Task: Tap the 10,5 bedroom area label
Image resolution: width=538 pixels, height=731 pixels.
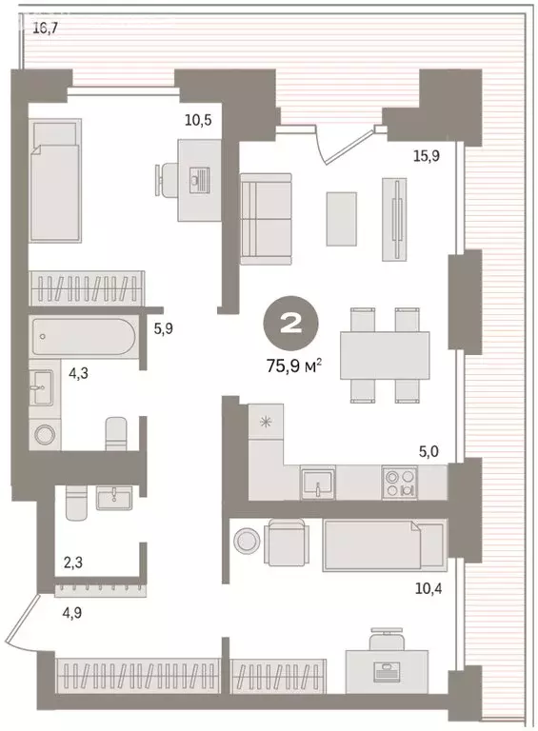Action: (x=198, y=120)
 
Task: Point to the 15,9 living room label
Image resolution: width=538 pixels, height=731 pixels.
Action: (x=427, y=156)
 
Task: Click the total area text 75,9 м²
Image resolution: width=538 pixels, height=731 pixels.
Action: (x=294, y=366)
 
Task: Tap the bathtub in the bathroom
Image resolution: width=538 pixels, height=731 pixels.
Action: (x=84, y=336)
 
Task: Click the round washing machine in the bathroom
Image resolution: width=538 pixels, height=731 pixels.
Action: (x=45, y=435)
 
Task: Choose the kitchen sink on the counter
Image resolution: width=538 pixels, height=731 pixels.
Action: (x=317, y=483)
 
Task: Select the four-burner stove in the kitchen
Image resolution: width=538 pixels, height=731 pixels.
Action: (x=400, y=483)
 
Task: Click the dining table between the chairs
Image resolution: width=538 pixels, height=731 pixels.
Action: (x=385, y=355)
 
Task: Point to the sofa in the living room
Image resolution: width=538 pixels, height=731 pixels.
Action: (x=266, y=219)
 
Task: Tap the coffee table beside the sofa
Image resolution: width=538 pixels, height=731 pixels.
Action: (x=341, y=219)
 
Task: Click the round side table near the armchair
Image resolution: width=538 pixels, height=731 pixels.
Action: (x=247, y=542)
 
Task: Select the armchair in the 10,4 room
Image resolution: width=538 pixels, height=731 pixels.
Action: (x=287, y=544)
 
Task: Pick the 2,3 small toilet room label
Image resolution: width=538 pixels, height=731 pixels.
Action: (x=73, y=563)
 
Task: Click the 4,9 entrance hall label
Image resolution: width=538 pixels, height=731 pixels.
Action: (x=71, y=612)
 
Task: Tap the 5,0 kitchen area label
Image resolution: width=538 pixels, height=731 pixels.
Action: (x=428, y=452)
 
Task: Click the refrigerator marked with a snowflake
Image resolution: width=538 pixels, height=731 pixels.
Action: (x=266, y=422)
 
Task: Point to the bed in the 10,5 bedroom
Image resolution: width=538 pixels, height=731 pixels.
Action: (x=54, y=180)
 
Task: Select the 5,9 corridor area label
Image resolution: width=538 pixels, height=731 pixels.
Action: (x=164, y=329)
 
